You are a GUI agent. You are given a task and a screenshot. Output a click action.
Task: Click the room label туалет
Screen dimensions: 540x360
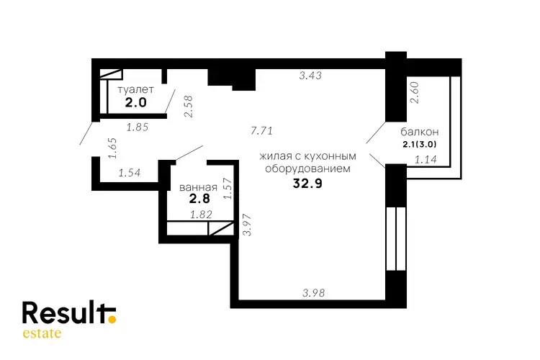click(135, 89)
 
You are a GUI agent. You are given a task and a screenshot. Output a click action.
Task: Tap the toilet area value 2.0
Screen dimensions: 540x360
click(135, 102)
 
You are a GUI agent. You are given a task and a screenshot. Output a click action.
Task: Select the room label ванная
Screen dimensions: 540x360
click(198, 187)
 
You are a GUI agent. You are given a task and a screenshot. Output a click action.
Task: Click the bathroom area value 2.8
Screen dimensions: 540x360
click(199, 199)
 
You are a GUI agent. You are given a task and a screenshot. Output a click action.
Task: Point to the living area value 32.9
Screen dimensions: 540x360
click(307, 184)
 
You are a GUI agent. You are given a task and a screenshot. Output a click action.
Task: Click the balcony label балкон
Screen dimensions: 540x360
click(420, 132)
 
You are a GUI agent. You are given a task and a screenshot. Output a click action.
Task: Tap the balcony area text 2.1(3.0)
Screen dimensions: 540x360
click(420, 144)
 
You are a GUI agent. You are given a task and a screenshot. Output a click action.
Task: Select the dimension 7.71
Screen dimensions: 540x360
click(262, 131)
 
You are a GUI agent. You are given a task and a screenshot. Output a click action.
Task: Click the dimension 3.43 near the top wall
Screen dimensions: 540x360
click(310, 76)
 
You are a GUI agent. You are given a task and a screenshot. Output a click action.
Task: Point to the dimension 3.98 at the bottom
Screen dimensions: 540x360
click(313, 293)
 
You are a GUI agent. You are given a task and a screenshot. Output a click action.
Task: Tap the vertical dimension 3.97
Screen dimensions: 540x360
click(247, 225)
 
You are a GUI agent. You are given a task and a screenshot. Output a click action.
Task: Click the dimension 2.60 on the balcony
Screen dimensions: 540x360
click(414, 92)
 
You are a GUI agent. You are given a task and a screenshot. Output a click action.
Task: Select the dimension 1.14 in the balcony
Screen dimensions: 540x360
click(426, 160)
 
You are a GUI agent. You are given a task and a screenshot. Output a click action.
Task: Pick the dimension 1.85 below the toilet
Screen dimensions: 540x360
click(138, 127)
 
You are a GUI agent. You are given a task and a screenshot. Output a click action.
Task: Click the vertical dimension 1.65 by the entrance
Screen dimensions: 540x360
click(112, 148)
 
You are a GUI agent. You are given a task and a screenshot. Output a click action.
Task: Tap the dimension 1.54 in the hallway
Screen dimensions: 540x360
click(130, 172)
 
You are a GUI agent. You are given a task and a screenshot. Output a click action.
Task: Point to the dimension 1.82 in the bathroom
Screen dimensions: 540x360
click(201, 215)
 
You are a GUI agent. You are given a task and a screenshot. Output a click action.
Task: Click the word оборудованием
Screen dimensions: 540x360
click(307, 168)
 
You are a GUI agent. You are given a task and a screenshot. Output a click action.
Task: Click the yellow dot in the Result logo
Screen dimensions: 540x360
click(112, 320)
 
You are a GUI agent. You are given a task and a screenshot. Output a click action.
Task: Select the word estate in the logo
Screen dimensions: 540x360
click(42, 333)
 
